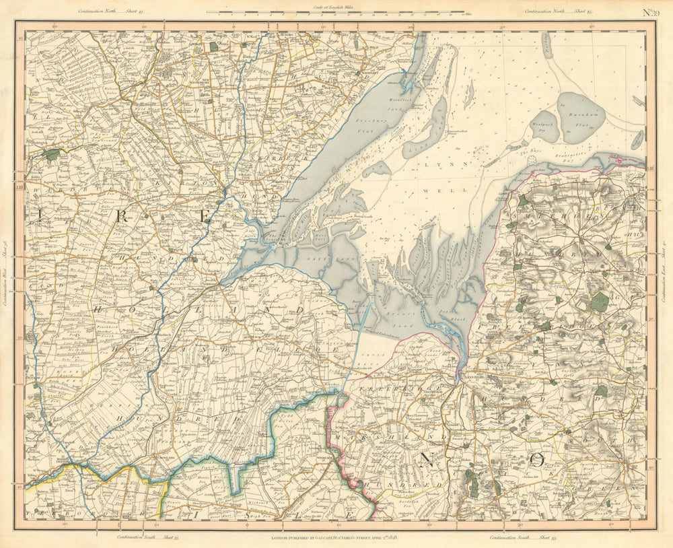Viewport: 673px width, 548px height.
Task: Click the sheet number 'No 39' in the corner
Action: click(649, 11)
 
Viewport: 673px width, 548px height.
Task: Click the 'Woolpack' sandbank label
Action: click(544, 125)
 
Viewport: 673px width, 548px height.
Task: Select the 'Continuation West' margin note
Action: click(6, 273)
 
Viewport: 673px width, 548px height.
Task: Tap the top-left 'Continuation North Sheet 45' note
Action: click(106, 11)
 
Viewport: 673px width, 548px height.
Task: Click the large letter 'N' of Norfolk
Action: click(425, 460)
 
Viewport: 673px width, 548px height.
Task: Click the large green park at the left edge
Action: click(51, 154)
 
